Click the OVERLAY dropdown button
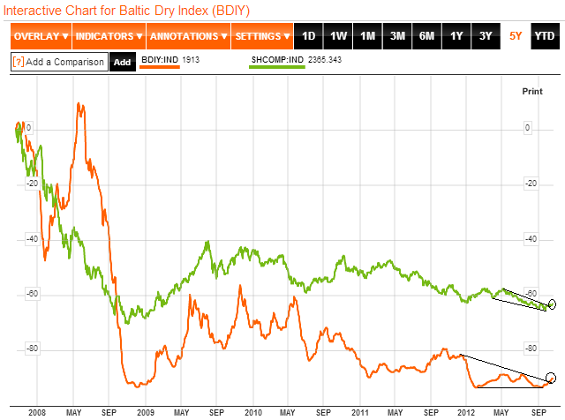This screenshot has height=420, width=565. point(41,36)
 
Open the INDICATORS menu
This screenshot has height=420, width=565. point(108,36)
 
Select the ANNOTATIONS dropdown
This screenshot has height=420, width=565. point(188,36)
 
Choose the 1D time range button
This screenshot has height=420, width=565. point(309,36)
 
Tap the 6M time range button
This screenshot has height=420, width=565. point(426,36)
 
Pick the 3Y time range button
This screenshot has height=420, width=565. point(486,36)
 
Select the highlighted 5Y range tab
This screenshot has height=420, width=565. point(516,36)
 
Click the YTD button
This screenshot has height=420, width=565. point(544,36)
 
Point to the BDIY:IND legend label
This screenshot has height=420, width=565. point(160,58)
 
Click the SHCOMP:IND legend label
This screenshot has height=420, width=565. point(277,58)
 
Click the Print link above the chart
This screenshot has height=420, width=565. point(532,91)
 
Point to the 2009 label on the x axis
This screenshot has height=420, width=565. point(144,412)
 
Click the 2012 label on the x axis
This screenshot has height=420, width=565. point(465,412)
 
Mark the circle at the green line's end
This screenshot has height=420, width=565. point(554,304)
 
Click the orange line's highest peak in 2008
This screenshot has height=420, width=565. point(80,104)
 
